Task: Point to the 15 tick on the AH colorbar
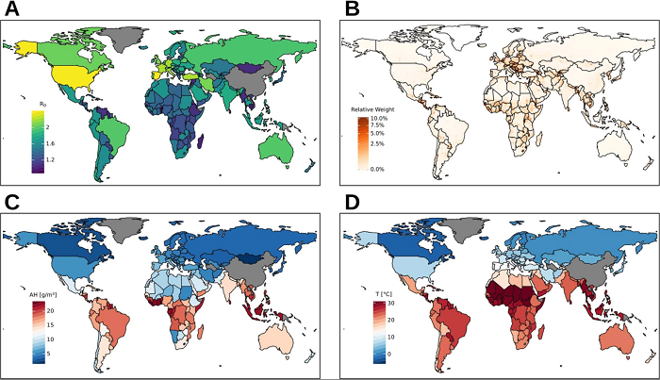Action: coord(52,322)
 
